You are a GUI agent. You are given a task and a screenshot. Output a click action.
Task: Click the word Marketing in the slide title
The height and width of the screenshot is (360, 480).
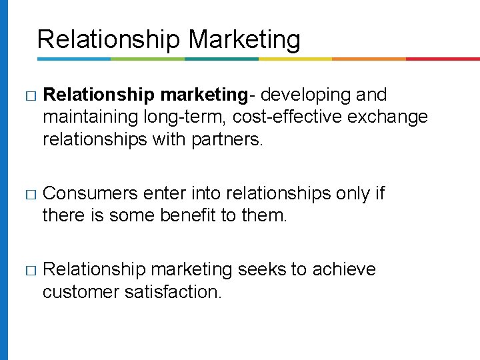(245, 40)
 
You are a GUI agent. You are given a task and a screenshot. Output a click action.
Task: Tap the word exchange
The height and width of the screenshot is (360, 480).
(386, 118)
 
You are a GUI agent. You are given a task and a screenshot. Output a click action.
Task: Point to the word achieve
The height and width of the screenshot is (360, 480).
(344, 269)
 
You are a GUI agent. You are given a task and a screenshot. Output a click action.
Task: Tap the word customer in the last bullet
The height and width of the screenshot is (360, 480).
(81, 292)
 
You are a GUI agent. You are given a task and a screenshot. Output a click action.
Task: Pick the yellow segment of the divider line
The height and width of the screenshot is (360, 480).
(295, 59)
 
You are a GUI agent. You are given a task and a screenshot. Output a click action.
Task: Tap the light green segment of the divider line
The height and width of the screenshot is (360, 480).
(147, 59)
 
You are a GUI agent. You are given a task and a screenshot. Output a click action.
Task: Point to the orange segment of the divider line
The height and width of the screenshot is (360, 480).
(369, 59)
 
